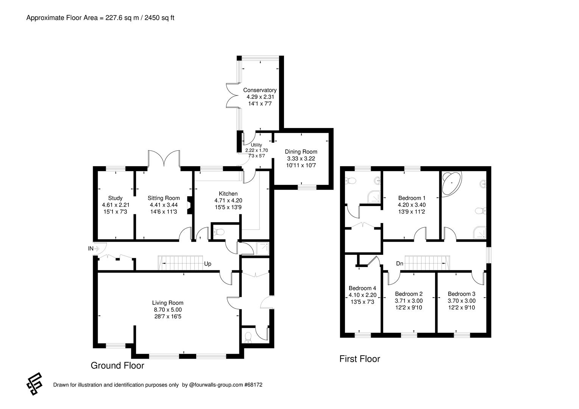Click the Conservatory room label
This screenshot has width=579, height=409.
[x=259, y=90]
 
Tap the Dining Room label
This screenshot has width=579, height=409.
[x=301, y=152]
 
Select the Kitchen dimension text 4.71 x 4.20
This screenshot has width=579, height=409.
[x=228, y=201]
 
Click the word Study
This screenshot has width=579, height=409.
[x=115, y=198]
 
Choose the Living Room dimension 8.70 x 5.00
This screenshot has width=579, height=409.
[x=167, y=309]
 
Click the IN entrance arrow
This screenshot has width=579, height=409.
[x=96, y=248]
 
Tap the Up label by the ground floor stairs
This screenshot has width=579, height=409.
[x=208, y=264]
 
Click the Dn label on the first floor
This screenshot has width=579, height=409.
[x=400, y=264]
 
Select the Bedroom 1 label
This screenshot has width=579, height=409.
[x=412, y=198]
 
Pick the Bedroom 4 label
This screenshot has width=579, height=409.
[x=362, y=288]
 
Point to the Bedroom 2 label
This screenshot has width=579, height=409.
[x=409, y=294]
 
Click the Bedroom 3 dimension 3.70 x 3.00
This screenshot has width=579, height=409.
[x=461, y=301]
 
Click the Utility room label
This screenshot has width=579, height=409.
[x=256, y=145]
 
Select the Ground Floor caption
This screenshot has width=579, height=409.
[x=117, y=365]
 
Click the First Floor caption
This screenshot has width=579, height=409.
[x=359, y=359]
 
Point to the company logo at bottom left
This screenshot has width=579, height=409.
[x=34, y=384]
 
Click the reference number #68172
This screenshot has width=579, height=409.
[x=253, y=385]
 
